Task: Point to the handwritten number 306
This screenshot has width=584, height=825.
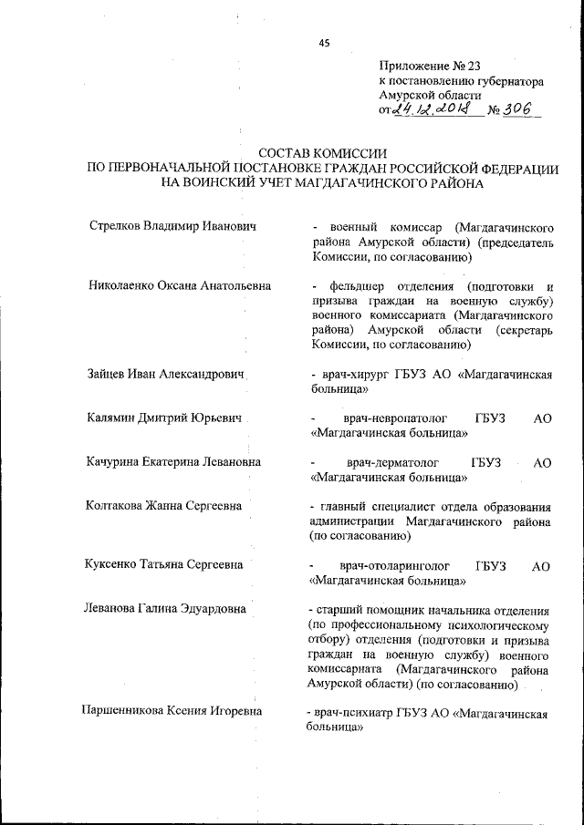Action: (523, 109)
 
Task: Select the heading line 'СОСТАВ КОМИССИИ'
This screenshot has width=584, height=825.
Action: (322, 154)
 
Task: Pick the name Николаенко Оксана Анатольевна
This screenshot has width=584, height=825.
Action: (179, 285)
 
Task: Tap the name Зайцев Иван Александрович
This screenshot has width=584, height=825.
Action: (169, 374)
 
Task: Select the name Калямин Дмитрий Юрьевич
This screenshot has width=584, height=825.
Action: (166, 418)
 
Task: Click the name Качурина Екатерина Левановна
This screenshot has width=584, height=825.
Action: (172, 462)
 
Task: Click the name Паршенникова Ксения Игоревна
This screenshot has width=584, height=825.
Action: (172, 713)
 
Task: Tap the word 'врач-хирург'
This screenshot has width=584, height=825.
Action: (349, 375)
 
